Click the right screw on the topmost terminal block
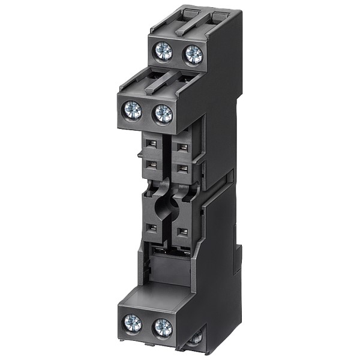193,54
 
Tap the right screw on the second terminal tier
163,114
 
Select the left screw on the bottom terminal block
132,323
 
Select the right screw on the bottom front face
162,328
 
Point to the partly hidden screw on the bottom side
195,340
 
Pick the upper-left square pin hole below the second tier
153,144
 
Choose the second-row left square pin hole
153,164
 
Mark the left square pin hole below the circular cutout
153,227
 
